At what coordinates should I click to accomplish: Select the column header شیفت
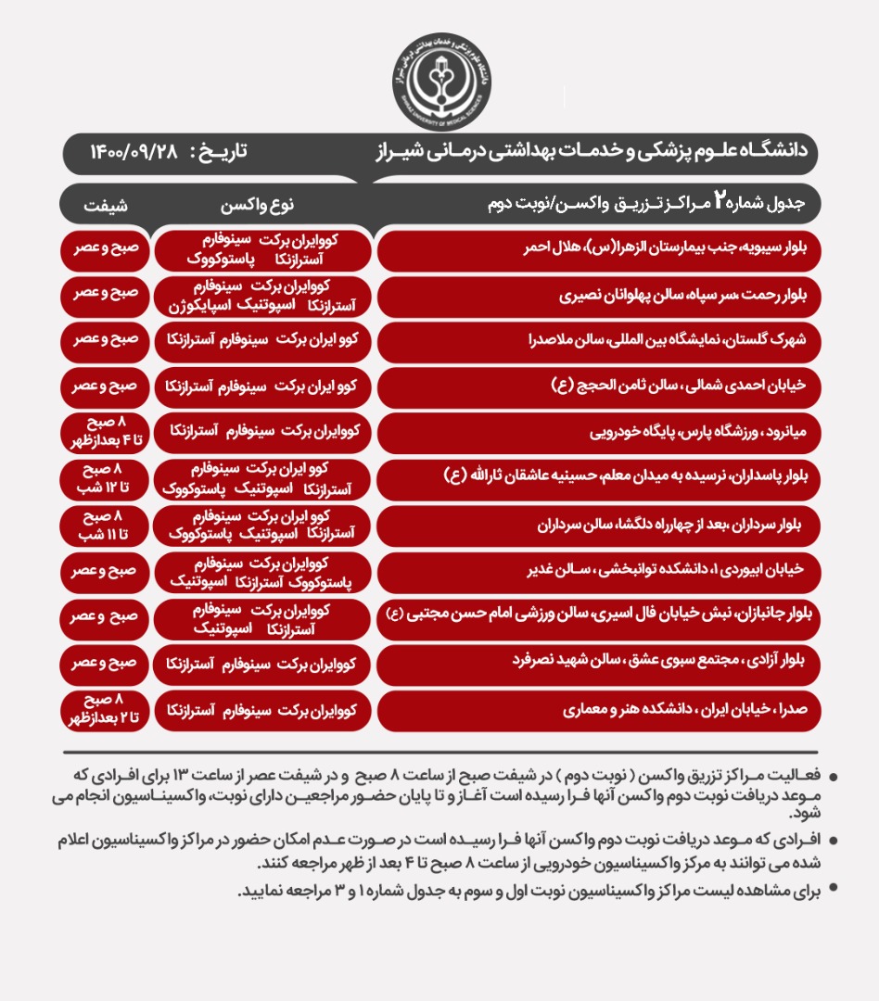coord(109,203)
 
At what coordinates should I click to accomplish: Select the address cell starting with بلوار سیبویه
coord(598,250)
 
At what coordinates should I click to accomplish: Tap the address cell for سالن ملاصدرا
coord(598,341)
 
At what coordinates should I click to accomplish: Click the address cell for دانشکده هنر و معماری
coord(598,711)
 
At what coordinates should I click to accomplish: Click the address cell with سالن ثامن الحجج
coord(598,386)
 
